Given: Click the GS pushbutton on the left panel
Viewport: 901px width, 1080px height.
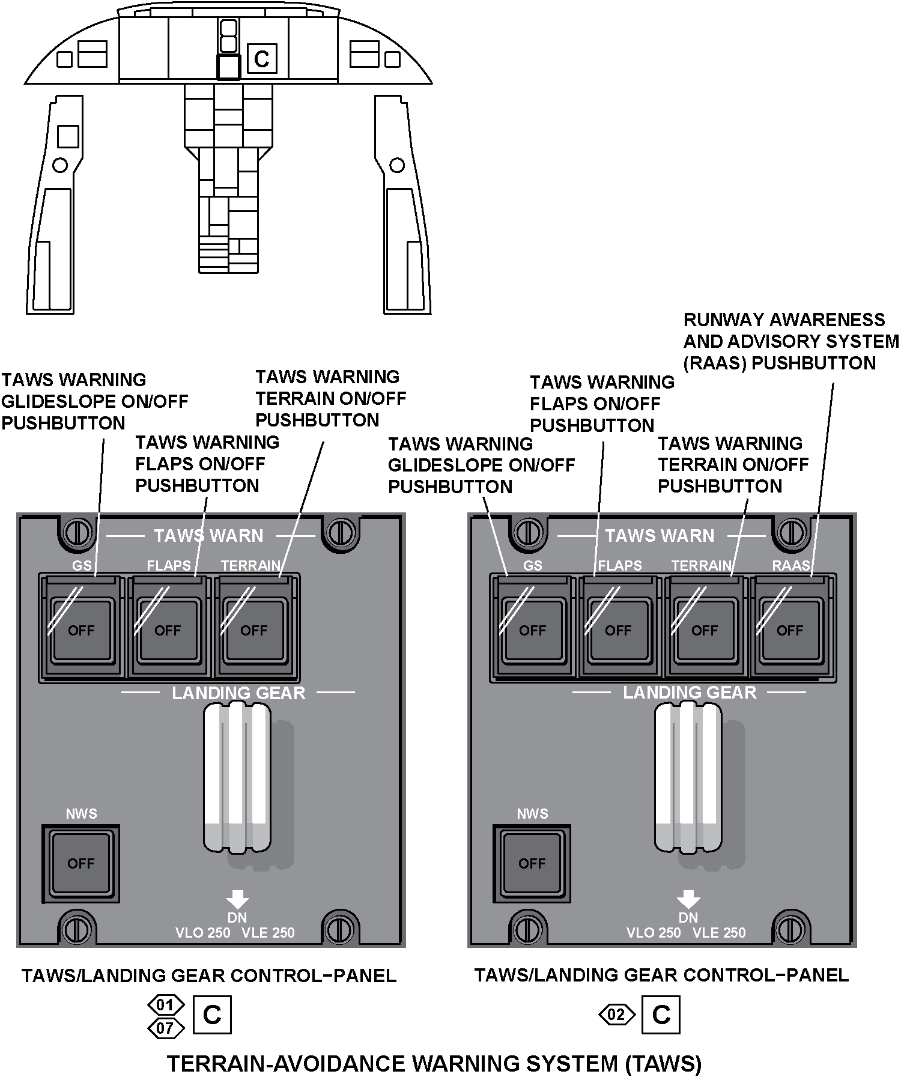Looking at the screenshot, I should [81, 629].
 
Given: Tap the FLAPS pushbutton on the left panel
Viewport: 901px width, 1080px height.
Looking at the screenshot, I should [168, 629].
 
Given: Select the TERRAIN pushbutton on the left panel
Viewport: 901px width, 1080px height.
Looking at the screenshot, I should [254, 629].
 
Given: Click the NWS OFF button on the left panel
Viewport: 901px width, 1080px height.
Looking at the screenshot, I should [80, 863].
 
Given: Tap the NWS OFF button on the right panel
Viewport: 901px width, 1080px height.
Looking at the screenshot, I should [532, 863].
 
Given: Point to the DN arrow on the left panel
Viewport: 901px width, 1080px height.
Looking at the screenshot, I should [237, 899].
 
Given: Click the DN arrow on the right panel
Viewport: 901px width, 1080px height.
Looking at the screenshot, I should [688, 899].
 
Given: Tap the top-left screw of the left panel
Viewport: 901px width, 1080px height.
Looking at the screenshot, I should [77, 532].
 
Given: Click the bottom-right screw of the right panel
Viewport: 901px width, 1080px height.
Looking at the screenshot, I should [791, 930].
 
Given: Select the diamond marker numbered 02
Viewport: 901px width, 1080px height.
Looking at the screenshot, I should [617, 1015].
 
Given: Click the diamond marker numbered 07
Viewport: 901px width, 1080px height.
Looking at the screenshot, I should [165, 1028].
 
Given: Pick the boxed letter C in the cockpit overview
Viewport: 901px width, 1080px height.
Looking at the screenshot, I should [262, 59].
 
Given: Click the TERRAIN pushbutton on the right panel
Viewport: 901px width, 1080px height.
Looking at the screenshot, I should [705, 629].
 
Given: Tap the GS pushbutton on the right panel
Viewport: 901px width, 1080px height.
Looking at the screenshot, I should [532, 629].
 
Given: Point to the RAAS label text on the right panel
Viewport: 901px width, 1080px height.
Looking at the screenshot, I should [790, 565].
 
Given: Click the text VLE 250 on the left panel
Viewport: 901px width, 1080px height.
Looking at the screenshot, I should [268, 932].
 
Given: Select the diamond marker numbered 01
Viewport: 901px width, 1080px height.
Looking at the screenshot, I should [165, 1004].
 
